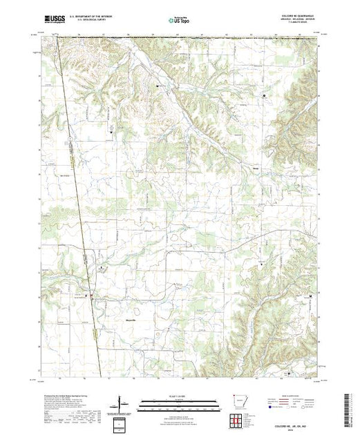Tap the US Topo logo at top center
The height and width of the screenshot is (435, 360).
[x=180, y=21]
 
